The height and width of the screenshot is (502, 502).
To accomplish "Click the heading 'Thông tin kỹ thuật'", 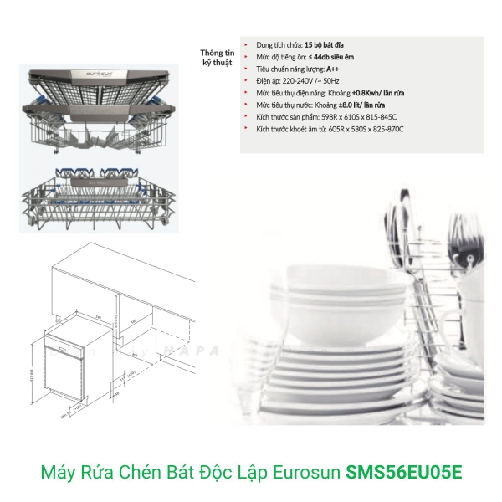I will pyautogui.click(x=214, y=55).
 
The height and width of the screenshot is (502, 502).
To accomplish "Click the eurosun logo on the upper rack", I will pyautogui.click(x=100, y=74).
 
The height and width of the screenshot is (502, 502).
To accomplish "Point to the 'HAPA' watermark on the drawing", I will pyautogui.click(x=188, y=352).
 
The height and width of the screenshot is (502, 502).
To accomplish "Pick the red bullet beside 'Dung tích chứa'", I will pyautogui.click(x=245, y=42).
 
